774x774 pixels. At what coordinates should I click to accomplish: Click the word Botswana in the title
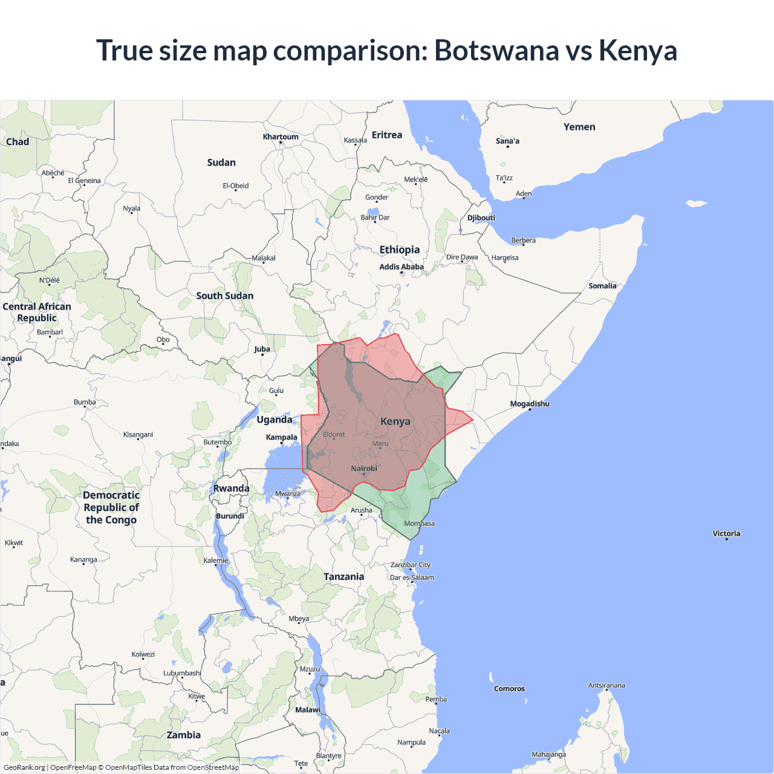(x=496, y=50)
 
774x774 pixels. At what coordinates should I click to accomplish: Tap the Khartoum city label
(x=281, y=137)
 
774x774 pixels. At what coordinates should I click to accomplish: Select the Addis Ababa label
(x=402, y=267)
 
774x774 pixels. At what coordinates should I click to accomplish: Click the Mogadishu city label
(x=530, y=404)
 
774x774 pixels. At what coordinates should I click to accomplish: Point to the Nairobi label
(x=364, y=469)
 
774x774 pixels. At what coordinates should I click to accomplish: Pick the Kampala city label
(x=281, y=437)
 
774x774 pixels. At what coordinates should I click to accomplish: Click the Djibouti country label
(x=481, y=218)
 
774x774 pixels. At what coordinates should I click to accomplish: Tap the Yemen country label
(x=579, y=127)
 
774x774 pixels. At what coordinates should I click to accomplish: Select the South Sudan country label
(x=225, y=296)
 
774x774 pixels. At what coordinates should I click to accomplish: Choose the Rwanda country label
(x=231, y=489)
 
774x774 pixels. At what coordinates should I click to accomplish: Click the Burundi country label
(x=230, y=516)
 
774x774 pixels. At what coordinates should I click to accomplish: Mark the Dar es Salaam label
(x=412, y=577)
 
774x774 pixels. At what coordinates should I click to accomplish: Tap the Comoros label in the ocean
(x=509, y=689)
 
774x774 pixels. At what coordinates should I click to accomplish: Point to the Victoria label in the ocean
(x=726, y=533)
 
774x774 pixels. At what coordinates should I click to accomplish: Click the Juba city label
(x=262, y=349)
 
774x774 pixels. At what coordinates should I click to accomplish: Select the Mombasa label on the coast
(x=419, y=524)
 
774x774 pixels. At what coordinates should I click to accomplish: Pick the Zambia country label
(x=184, y=735)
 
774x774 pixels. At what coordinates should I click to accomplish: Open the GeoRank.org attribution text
(x=24, y=767)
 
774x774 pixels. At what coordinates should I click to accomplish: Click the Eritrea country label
(x=387, y=135)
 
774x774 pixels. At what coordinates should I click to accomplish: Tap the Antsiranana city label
(x=607, y=685)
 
